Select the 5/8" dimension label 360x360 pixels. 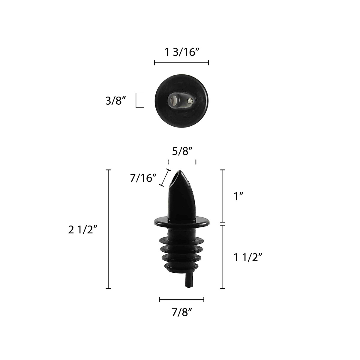click(x=182, y=151)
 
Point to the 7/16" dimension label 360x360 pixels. click(x=143, y=178)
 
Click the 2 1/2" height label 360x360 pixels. click(x=82, y=229)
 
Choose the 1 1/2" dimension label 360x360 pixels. click(x=248, y=257)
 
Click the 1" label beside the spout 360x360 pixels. click(x=238, y=196)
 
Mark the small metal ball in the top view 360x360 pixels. click(x=190, y=101)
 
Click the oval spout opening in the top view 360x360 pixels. click(x=174, y=100)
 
